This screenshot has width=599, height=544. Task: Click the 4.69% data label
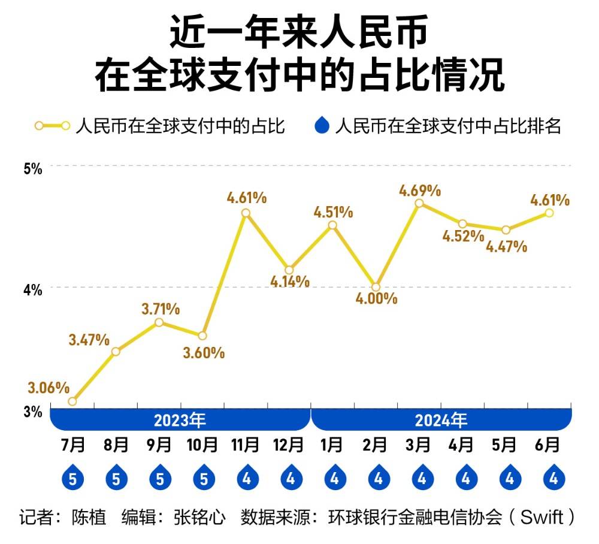(420, 191)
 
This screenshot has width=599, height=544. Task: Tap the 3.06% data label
(49, 388)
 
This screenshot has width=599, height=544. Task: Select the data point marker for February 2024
(376, 287)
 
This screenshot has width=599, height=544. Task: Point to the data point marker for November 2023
(246, 213)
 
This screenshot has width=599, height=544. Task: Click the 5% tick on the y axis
(32, 168)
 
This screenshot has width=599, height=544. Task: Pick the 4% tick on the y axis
(32, 289)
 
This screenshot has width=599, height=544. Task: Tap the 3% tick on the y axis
(32, 412)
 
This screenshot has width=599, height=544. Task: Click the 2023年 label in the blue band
(180, 419)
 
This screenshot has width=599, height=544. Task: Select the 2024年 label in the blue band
(441, 419)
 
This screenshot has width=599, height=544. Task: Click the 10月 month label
(202, 445)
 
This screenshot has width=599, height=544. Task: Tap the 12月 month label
(289, 445)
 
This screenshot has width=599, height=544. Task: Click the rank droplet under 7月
(72, 477)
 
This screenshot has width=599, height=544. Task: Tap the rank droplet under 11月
(246, 477)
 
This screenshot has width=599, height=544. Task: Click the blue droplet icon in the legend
(322, 126)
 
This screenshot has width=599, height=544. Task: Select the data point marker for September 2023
(159, 322)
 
